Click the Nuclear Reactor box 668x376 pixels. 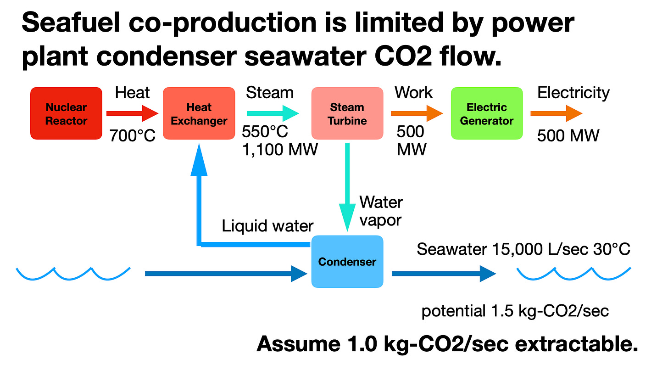[x=66, y=113]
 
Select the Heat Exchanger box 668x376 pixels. [x=199, y=113]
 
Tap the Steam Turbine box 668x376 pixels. [x=347, y=113]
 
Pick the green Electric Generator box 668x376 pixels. [x=487, y=113]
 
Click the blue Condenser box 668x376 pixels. [x=347, y=262]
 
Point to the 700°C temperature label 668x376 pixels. [x=133, y=135]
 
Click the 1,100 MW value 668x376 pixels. [x=280, y=150]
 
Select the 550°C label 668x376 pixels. [x=265, y=132]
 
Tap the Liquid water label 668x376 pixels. [x=267, y=226]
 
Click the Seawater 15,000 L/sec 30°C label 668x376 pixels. [x=523, y=249]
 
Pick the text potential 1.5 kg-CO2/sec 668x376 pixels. [x=515, y=311]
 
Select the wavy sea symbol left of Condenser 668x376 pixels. [x=73, y=274]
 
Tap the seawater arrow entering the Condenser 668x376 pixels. [x=225, y=274]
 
